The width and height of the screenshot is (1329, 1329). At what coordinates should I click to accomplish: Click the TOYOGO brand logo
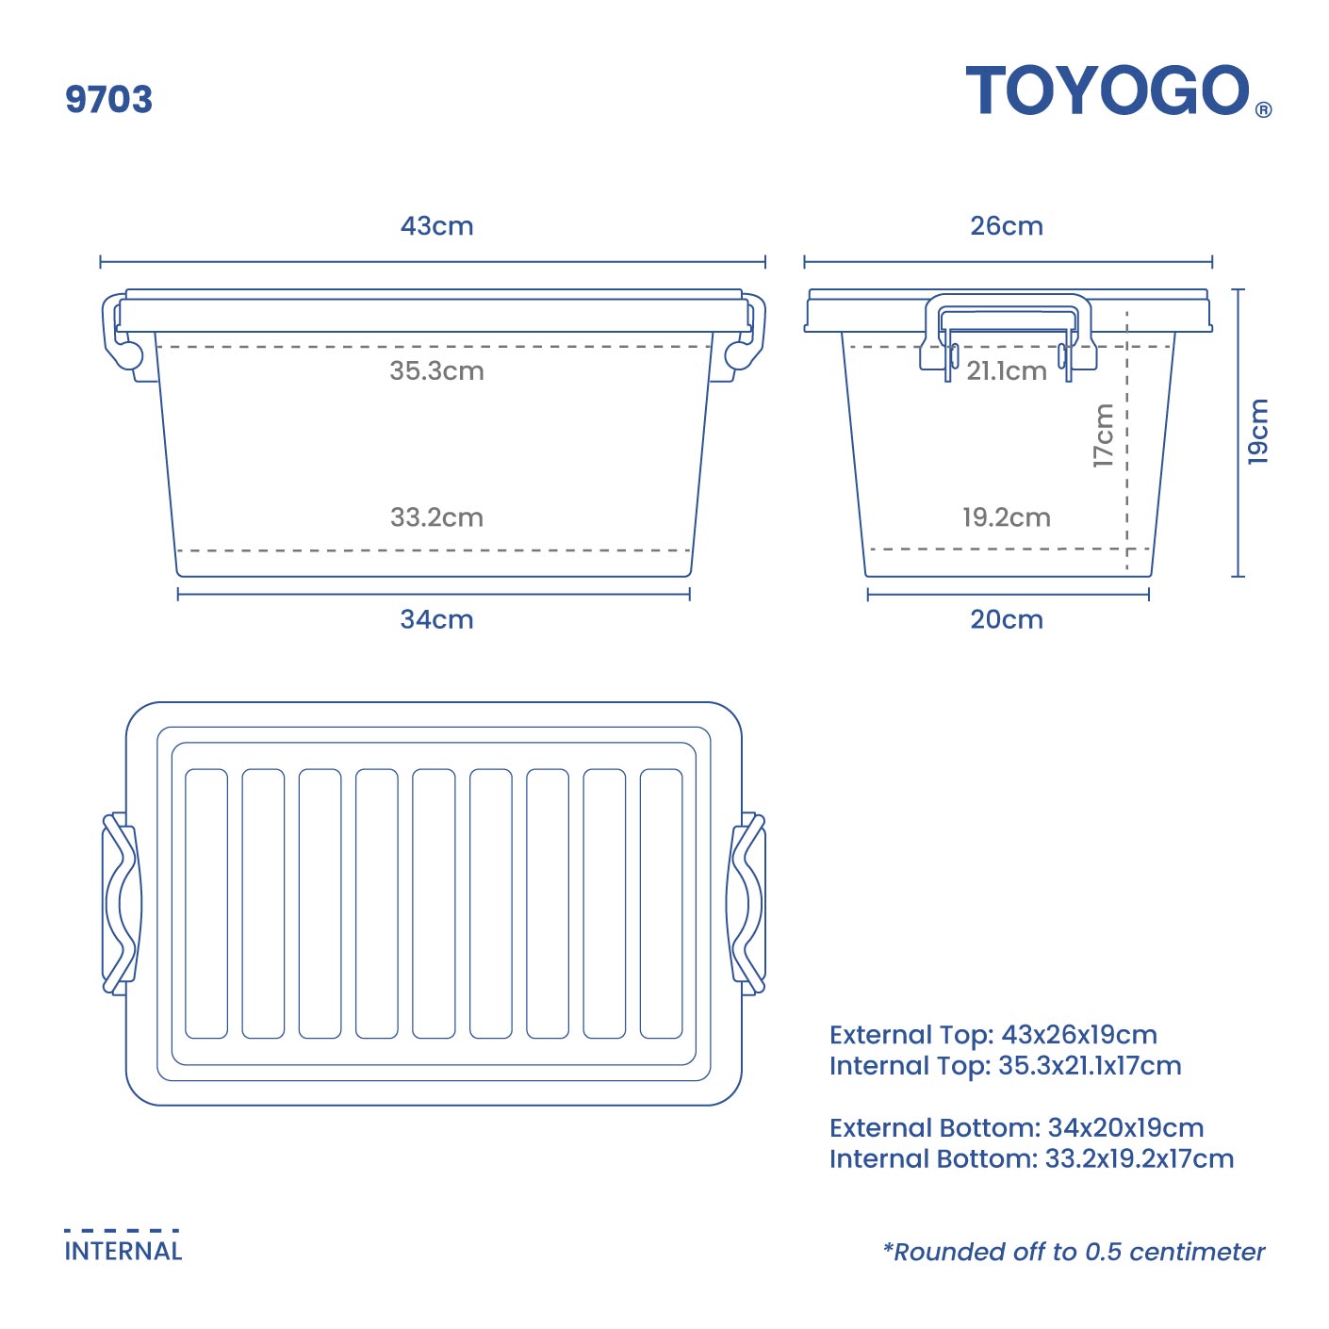(x=1107, y=90)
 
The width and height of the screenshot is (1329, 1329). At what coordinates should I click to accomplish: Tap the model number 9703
(x=108, y=99)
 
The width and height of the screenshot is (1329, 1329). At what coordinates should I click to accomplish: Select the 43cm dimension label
(x=436, y=226)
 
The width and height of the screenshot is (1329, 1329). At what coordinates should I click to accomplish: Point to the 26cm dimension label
(x=1007, y=226)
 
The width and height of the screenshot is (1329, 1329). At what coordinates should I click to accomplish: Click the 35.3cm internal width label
(x=436, y=371)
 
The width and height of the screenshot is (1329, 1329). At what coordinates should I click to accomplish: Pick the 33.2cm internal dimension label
(x=436, y=517)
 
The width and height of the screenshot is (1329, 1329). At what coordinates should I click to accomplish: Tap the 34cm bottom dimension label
(x=436, y=619)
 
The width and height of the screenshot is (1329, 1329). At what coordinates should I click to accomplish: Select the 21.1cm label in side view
(x=1007, y=371)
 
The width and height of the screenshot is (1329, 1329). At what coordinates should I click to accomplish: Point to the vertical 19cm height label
(x=1258, y=431)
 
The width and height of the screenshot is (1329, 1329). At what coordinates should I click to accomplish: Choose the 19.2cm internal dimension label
(x=1007, y=517)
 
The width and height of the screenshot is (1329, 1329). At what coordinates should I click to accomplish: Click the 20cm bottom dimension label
(x=1007, y=619)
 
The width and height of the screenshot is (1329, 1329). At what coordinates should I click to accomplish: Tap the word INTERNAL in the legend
(x=123, y=1251)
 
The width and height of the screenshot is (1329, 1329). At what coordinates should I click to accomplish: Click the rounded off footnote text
(x=1074, y=1251)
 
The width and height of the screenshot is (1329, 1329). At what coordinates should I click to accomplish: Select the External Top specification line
(x=993, y=1035)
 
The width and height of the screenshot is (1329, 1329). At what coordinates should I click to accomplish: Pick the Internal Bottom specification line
(x=1032, y=1158)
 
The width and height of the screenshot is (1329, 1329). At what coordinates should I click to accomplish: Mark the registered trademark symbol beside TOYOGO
(x=1263, y=109)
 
